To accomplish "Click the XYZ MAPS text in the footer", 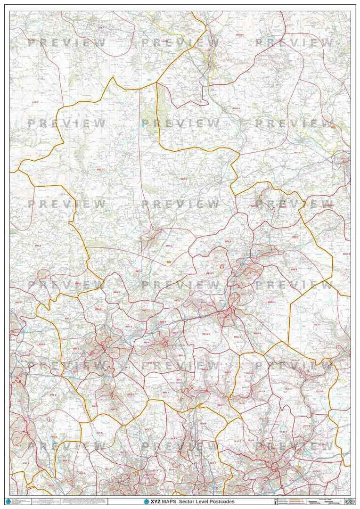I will click(165, 501).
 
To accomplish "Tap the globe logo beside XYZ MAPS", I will click(146, 501).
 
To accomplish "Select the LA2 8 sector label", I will click(164, 41).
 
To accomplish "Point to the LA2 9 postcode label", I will click(35, 102).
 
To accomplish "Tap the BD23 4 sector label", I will click(236, 108).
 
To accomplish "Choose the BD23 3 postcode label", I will click(298, 153).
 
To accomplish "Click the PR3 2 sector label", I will click(38, 246).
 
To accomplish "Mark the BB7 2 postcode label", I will click(168, 246).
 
